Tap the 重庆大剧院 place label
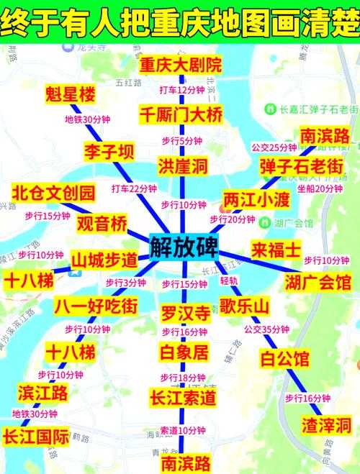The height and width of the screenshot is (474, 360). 181,65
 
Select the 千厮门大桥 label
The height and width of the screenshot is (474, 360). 181,114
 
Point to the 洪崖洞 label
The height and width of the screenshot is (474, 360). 182,167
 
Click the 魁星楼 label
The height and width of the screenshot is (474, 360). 69,95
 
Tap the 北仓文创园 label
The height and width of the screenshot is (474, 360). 53,193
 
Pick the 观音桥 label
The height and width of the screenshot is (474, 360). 102,223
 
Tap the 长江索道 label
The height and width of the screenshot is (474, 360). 183,396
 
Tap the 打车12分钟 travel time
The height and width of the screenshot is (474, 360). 182,90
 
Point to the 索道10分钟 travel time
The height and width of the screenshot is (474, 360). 183,430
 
